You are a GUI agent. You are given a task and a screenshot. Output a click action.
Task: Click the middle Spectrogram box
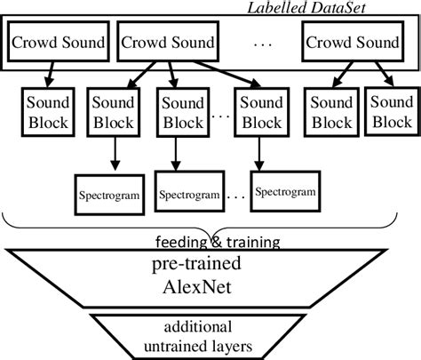pos(187,192)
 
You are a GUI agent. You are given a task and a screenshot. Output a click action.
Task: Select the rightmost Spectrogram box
pos(285,188)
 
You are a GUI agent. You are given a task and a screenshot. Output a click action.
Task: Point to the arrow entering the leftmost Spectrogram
pos(115,156)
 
